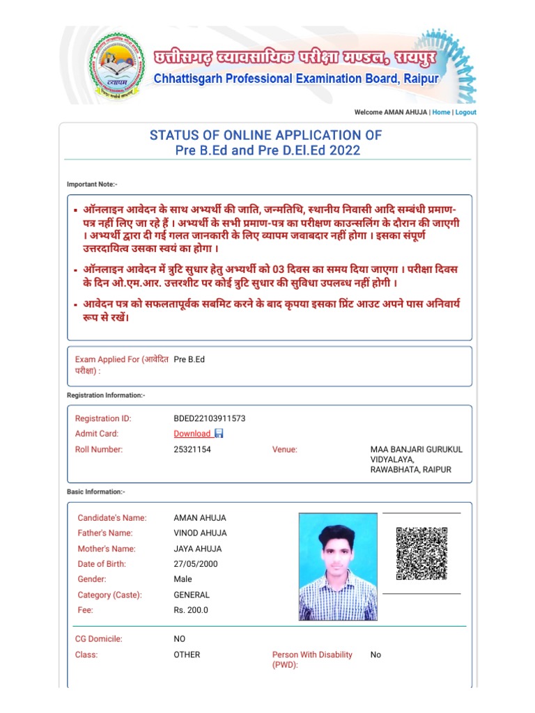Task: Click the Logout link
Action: [x=466, y=112]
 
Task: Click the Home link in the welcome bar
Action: [x=441, y=112]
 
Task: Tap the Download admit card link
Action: [x=192, y=434]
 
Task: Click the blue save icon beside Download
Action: [x=219, y=434]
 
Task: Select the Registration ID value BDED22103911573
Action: [x=209, y=418]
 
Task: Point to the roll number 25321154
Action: [x=192, y=450]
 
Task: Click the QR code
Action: [x=421, y=554]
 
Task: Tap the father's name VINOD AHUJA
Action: [x=200, y=533]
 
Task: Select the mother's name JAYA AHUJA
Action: [x=198, y=549]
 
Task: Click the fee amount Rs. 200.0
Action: [x=191, y=610]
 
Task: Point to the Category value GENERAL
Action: [x=192, y=595]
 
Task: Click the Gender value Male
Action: [x=183, y=579]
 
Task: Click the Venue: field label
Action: [x=284, y=450]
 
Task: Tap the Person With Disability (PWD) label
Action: [x=312, y=659]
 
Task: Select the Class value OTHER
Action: [x=187, y=655]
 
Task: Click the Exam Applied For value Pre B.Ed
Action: [x=189, y=359]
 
